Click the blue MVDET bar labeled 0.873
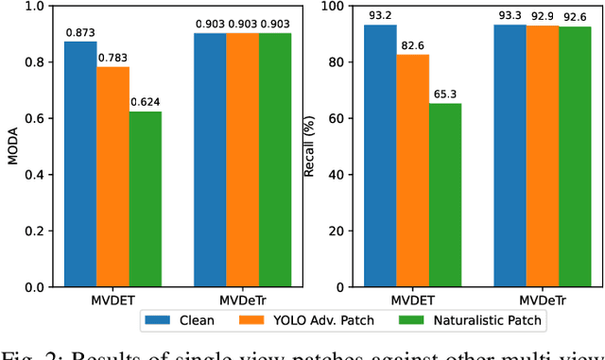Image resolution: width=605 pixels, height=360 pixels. click(80, 164)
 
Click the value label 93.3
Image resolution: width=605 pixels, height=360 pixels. click(510, 16)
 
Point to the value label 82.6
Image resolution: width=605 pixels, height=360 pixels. click(412, 46)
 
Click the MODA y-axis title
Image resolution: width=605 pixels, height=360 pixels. click(12, 146)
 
